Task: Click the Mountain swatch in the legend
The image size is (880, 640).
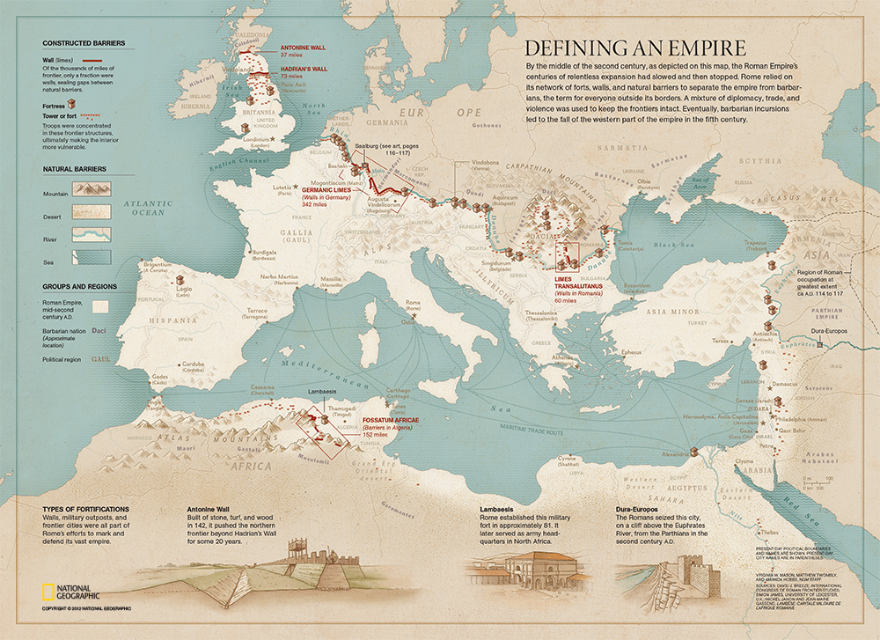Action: (92, 189)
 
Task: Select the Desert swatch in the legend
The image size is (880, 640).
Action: (92, 211)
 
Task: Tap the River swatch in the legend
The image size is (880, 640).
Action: (92, 234)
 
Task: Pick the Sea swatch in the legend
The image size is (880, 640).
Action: (92, 257)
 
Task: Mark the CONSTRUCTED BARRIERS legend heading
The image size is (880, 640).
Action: (84, 42)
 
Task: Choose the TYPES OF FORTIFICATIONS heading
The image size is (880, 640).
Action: (86, 509)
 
